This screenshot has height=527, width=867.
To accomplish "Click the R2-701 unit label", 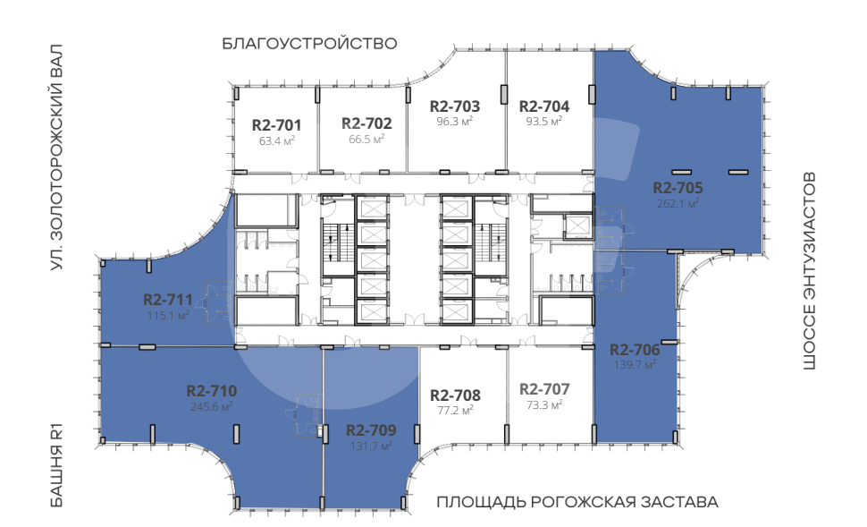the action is coord(276,125).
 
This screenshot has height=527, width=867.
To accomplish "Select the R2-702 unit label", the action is coord(366,123).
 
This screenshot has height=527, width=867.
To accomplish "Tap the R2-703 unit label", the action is coord(455,106).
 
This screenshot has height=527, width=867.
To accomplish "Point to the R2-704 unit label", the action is coord(544,106).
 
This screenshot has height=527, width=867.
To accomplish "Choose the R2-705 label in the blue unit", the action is coord(678,188).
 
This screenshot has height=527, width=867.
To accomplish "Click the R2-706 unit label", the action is coord(635,350).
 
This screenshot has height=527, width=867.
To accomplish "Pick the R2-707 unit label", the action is coord(544,389).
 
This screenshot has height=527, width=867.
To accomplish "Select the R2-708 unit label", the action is coord(455,395).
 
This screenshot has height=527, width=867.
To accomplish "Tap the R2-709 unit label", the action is coord(371,430).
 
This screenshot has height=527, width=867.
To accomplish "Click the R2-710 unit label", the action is coord(212,391).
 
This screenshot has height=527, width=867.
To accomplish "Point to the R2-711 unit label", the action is coord(168,300).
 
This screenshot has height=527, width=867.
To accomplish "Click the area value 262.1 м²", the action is coord(678,203).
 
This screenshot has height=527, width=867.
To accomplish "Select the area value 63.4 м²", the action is coord(276,140).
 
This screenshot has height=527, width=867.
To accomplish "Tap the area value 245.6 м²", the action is coord(212,406).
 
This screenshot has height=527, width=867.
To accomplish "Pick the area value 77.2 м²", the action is coord(455,410).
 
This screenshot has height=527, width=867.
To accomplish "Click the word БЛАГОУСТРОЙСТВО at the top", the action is coord(309,44).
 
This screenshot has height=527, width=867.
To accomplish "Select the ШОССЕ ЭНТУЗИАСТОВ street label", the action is coord(809,271).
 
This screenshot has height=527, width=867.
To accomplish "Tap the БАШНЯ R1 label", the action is coord(57,465).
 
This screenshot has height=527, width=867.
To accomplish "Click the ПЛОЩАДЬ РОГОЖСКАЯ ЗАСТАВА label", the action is coord(577,502).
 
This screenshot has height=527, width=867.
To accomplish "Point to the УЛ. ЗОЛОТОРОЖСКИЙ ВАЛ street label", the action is coord(57,157).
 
